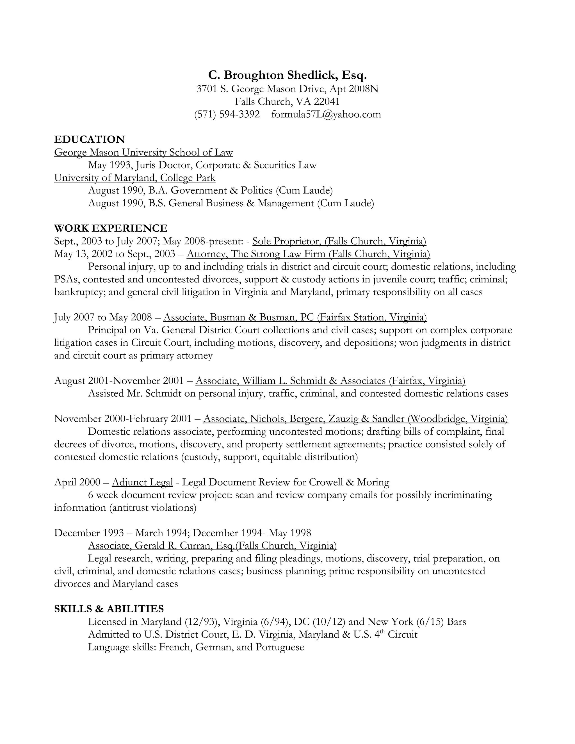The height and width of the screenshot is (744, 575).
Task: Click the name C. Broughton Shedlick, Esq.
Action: (287, 75)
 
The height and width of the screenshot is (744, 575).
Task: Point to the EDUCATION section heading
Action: (90, 139)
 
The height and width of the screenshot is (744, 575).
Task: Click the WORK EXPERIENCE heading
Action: (111, 228)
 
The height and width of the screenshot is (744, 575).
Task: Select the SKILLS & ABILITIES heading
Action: (109, 609)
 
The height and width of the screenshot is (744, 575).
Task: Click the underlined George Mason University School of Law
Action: (143, 152)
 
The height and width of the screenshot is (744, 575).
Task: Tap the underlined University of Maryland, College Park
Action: (134, 178)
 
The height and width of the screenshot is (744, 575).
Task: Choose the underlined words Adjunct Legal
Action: (142, 482)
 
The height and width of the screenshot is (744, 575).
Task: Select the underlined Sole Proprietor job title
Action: (286, 241)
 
